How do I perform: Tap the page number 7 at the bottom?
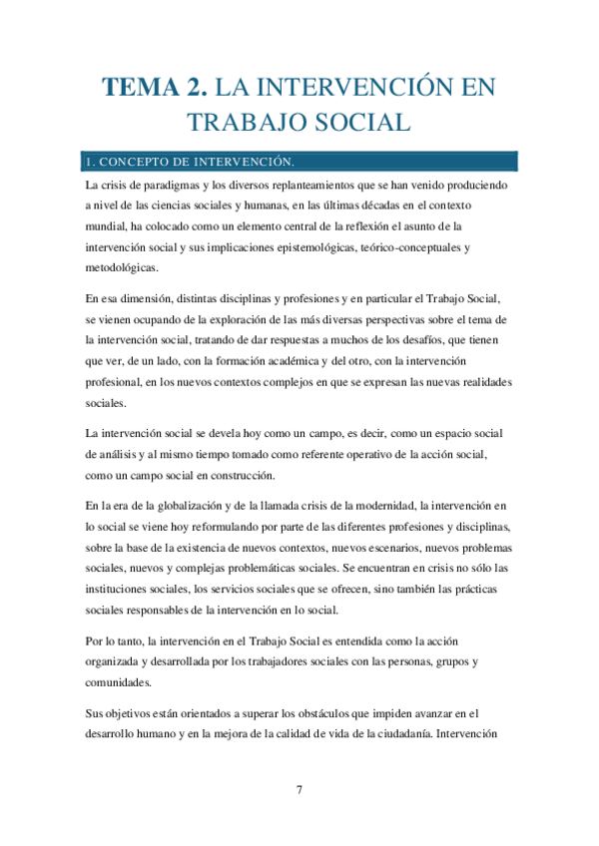pyautogui.click(x=299, y=790)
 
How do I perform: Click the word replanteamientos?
pyautogui.click(x=307, y=186)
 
